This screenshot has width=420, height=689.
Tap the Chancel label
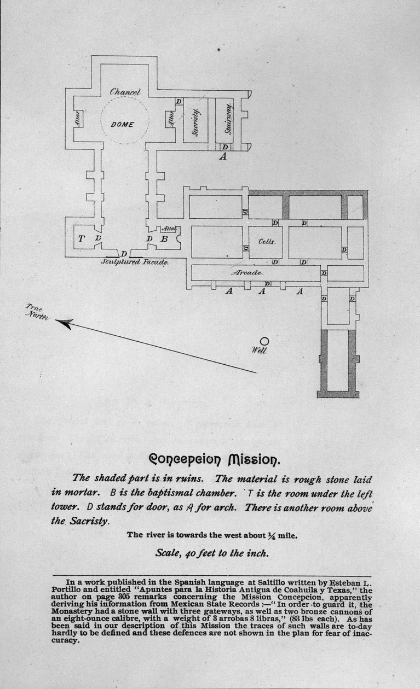point(126,92)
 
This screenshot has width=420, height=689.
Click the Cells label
point(267,241)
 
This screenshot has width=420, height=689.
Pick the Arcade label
point(248,272)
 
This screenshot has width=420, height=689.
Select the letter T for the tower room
point(82,238)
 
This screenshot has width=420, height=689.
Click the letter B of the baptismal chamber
point(163,239)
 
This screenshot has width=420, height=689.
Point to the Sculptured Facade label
point(135,262)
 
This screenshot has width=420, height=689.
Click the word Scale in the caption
point(167,553)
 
